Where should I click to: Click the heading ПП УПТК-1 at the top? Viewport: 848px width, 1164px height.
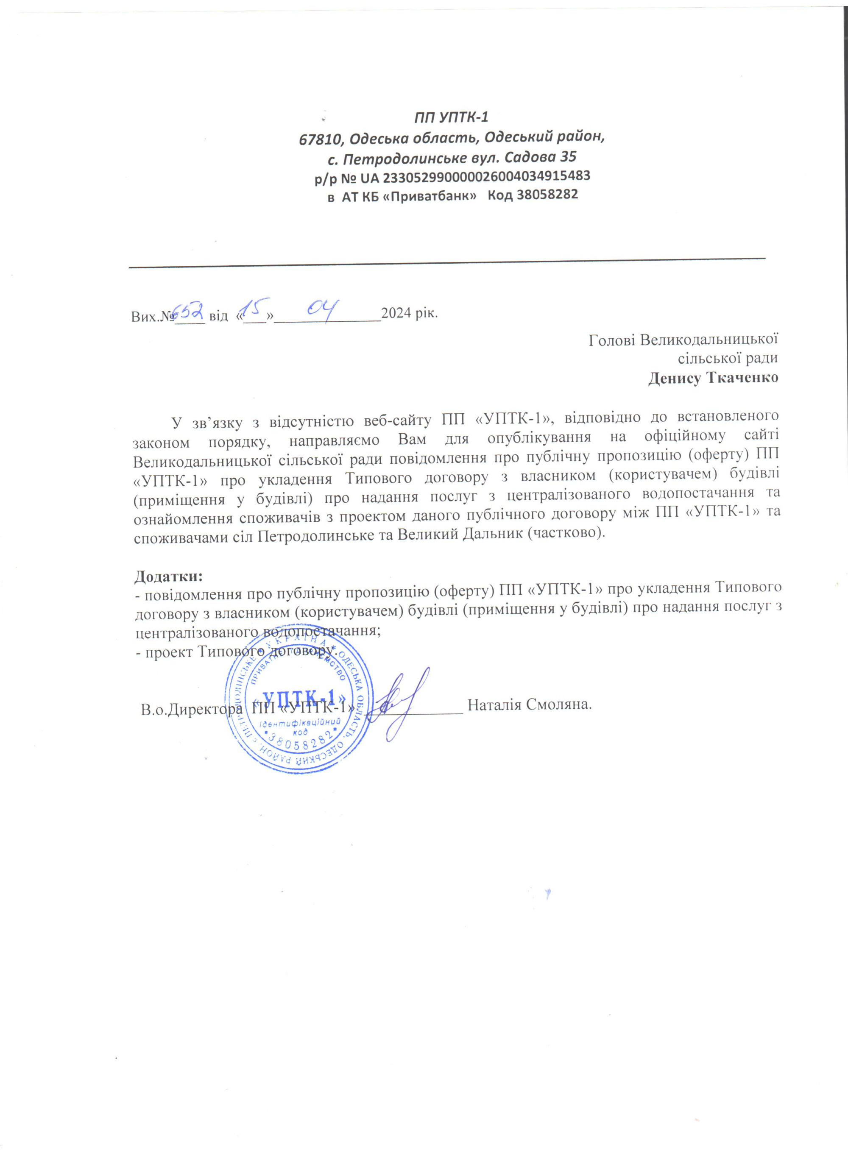click(x=451, y=117)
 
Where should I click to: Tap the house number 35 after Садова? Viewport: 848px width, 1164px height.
click(x=567, y=156)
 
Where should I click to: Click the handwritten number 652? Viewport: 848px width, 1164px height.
click(x=188, y=309)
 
